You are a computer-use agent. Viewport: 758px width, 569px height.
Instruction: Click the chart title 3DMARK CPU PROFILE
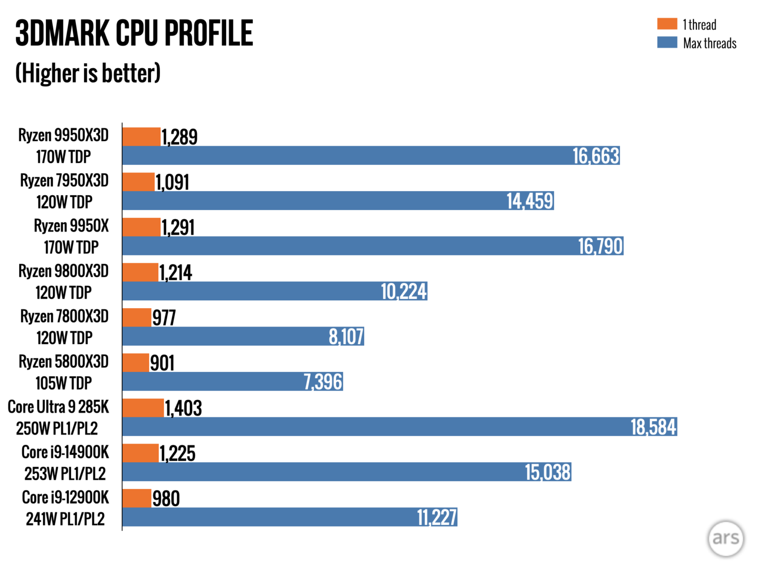point(134,34)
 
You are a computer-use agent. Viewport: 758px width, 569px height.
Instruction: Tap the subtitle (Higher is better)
point(88,73)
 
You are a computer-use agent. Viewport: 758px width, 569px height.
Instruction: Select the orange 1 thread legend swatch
point(667,24)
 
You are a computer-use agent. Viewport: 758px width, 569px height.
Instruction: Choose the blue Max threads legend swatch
point(667,42)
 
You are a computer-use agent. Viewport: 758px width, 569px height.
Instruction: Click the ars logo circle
point(725,538)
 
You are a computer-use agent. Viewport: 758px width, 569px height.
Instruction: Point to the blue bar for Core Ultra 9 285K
point(375,427)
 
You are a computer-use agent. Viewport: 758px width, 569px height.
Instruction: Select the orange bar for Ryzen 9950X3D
point(141,137)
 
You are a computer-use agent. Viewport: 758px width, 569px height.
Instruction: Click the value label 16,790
point(600,246)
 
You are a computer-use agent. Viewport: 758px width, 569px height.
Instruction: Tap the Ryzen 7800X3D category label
point(64,316)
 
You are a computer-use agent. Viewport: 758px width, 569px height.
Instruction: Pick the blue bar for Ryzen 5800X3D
point(212,381)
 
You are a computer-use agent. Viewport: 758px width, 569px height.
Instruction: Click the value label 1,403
point(183,408)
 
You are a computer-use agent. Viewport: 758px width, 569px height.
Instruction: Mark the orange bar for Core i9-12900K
point(137,498)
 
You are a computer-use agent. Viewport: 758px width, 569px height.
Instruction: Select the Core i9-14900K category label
point(65,452)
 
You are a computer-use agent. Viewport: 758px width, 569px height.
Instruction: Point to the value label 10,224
point(404,291)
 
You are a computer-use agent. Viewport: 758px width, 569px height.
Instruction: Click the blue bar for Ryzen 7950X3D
point(311,201)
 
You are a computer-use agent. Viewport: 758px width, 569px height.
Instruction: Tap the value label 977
point(164,318)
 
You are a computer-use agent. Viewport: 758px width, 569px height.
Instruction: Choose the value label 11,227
point(437,517)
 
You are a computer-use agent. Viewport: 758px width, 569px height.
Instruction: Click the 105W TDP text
point(64,383)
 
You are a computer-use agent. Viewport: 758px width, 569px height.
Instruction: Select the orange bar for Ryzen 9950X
point(141,227)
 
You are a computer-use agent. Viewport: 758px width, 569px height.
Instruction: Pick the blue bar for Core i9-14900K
point(321,472)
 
